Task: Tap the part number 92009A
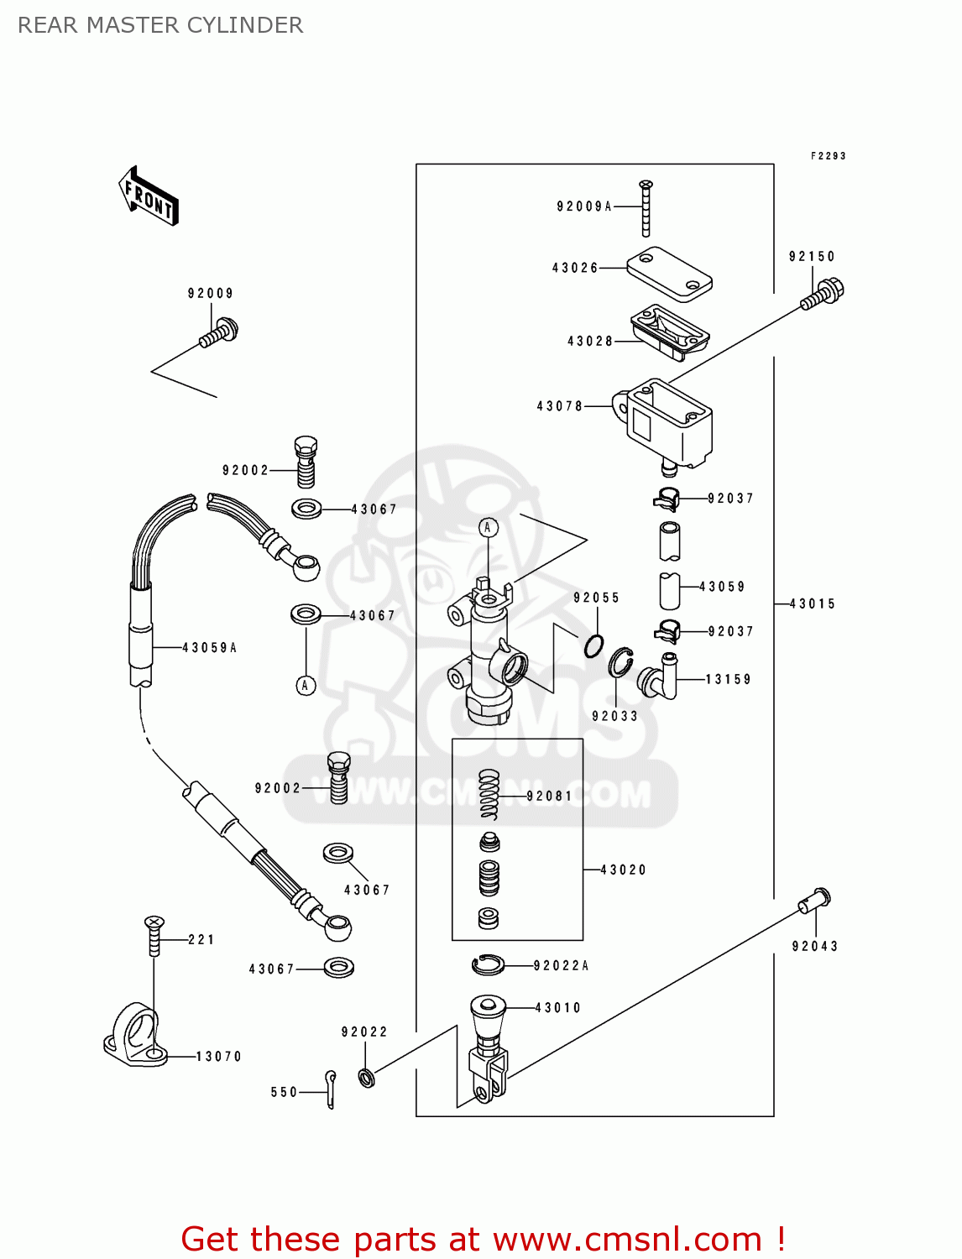click(x=584, y=206)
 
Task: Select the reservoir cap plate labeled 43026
click(x=670, y=273)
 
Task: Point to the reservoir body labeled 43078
click(x=668, y=424)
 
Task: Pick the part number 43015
click(x=813, y=604)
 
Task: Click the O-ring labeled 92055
click(x=594, y=645)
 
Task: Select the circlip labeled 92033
click(x=621, y=662)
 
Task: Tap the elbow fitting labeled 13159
click(x=660, y=677)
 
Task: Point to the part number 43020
click(x=624, y=870)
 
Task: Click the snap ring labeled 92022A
click(x=488, y=965)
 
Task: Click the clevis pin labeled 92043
click(x=814, y=901)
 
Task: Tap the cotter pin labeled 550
click(x=331, y=1089)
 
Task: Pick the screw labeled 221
click(x=154, y=936)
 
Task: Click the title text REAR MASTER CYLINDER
click(x=160, y=25)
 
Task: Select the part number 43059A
click(x=210, y=648)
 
